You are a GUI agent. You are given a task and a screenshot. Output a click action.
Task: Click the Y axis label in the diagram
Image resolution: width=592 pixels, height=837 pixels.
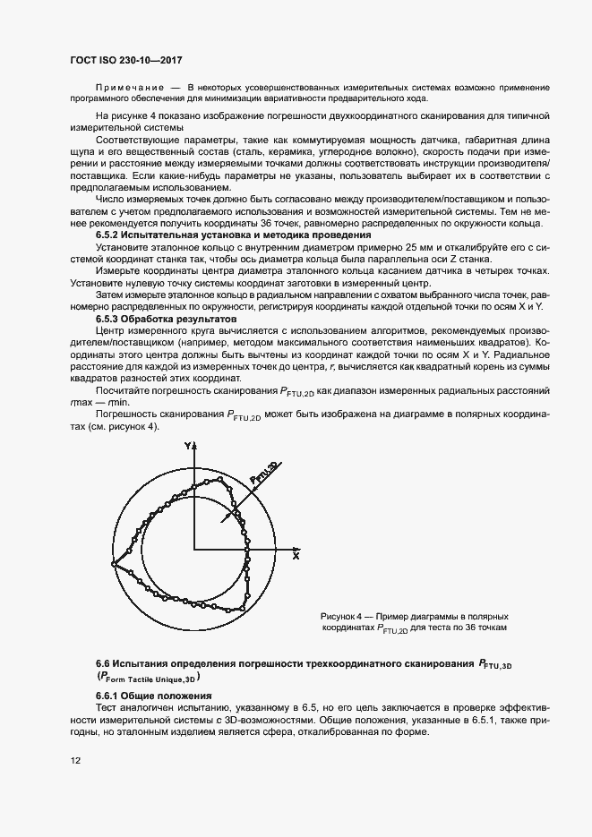[187, 445]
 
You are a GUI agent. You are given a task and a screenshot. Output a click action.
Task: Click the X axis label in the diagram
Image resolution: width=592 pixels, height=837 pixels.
[295, 555]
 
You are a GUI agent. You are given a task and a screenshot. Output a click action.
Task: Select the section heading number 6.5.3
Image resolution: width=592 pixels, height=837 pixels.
[110, 319]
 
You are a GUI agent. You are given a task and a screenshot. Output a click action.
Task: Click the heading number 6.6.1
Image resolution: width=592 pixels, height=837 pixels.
[110, 696]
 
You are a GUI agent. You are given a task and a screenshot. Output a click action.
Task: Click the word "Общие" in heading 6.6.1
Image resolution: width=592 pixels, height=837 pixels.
[144, 696]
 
